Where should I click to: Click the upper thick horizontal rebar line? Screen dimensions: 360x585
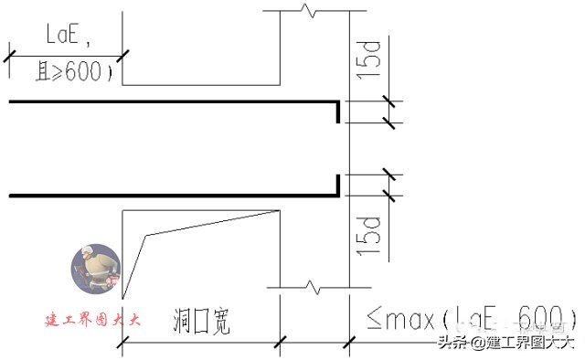click(x=174, y=101)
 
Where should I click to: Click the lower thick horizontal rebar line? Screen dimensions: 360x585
click(x=174, y=194)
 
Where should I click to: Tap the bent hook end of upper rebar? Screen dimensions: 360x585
click(x=338, y=112)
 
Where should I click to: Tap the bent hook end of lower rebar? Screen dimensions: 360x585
click(x=338, y=184)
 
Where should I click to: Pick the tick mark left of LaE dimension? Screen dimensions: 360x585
click(x=7, y=57)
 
